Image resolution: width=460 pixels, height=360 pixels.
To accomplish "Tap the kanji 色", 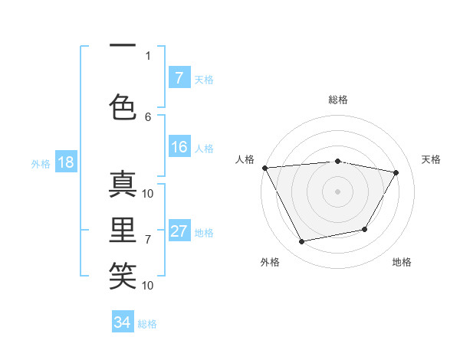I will coord(123,105).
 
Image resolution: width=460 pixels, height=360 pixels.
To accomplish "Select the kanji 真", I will coord(123,185).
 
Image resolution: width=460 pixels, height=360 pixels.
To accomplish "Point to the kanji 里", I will coord(123,229).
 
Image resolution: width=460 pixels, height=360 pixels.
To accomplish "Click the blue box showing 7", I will coord(179,78).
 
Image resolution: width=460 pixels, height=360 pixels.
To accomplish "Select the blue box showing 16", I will coord(179,148).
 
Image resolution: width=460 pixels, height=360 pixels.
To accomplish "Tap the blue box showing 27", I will coord(179,232).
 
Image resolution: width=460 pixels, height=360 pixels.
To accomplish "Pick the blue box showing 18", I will coord(65,163).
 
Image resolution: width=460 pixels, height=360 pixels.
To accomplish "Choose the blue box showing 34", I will coord(123,322).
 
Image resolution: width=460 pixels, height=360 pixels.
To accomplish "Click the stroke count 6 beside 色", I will coord(148,116).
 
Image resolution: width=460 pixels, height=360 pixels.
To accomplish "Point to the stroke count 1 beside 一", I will coord(148,55).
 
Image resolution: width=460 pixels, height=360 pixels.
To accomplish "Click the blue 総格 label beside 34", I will coord(147,324).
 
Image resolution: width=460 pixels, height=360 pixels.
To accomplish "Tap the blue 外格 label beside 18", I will coord(41,164).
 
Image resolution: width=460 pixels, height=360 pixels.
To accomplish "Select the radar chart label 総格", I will coord(338,100).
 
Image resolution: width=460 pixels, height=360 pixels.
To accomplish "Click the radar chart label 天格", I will coord(431,159).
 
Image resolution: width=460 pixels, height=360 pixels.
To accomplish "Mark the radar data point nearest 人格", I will coord(264,168).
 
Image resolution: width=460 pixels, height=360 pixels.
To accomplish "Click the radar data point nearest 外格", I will coord(302,242).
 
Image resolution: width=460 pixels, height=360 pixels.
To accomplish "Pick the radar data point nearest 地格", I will coord(365,229).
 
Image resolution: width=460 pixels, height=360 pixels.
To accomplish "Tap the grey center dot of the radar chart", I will coord(338,191).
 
